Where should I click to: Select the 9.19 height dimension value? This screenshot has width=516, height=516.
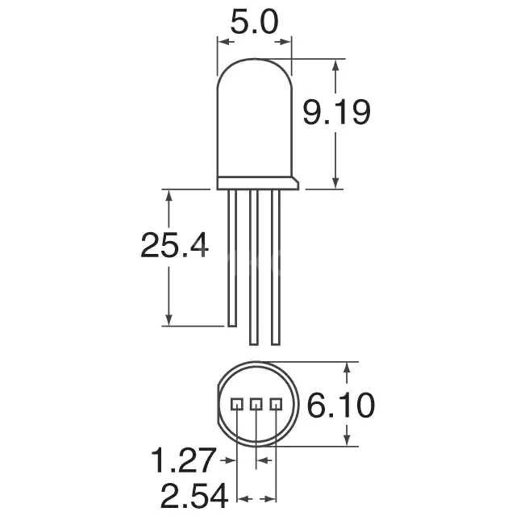336,113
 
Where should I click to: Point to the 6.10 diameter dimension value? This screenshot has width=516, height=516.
341,406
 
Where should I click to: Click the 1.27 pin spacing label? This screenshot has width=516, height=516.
183,462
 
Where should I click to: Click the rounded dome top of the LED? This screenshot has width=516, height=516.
254,73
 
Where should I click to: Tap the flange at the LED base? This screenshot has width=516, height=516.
258,183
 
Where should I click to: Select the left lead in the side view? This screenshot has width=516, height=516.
232,258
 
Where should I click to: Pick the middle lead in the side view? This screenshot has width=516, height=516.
255,266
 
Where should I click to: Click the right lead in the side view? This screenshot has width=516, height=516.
276,266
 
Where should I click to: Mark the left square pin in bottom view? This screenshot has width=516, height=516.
237,404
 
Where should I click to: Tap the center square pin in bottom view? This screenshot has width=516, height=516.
256,404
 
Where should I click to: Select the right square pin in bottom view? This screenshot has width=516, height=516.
276,404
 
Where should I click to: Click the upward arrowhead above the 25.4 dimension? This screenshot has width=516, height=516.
168,196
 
